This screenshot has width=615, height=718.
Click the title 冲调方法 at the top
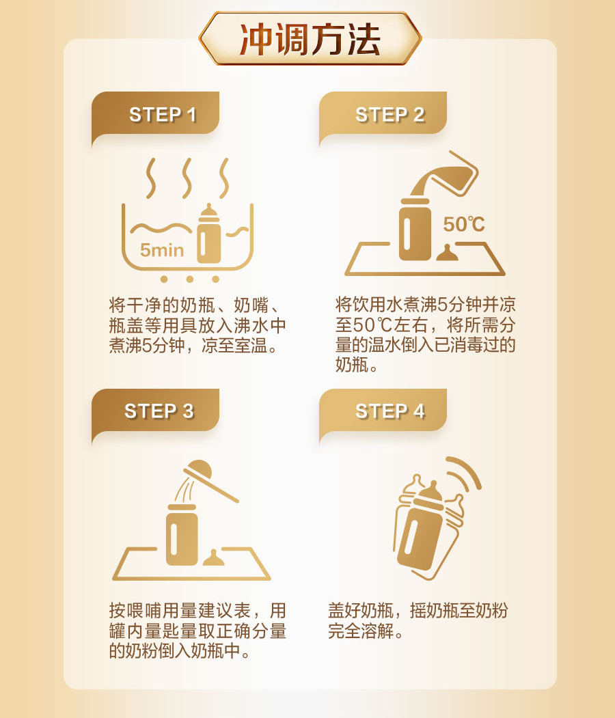tap(310, 40)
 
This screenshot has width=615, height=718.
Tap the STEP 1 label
tap(163, 115)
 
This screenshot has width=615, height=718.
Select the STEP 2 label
tap(389, 115)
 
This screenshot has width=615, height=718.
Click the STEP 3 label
tap(159, 411)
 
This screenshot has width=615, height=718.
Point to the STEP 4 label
tap(389, 411)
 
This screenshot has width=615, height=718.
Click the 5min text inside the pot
tap(162, 250)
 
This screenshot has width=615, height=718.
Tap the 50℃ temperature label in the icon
tap(463, 224)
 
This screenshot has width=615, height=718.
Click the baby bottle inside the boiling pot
tap(209, 234)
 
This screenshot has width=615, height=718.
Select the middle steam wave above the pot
tap(187, 178)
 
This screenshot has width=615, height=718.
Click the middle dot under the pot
tap(189, 279)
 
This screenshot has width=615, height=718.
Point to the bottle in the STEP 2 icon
tap(415, 230)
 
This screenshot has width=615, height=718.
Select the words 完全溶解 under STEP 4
tap(361, 631)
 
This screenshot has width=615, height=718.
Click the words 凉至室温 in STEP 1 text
tap(234, 345)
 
